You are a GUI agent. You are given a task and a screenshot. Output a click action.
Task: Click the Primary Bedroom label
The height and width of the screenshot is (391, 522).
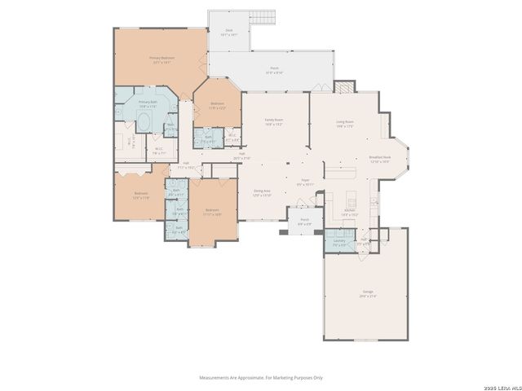[x=161, y=59]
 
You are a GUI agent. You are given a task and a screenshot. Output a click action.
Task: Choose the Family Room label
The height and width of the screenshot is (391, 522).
[x=274, y=123]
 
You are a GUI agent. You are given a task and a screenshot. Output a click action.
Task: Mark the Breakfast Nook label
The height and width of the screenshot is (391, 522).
[x=381, y=160]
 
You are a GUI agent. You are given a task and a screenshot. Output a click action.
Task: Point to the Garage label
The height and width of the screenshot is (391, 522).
[x=368, y=294]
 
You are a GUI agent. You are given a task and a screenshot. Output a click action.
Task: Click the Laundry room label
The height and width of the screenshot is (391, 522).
[x=338, y=242]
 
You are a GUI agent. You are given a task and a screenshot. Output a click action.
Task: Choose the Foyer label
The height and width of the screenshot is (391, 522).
[x=305, y=184]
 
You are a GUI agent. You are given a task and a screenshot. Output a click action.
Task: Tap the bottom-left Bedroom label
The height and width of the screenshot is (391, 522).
[x=141, y=195]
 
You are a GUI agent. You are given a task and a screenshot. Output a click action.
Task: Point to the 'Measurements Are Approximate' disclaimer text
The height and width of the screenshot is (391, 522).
[x=261, y=377]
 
